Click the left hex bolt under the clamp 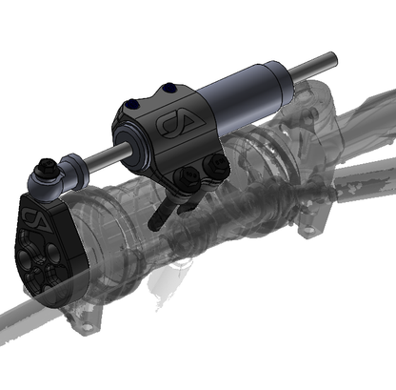pyautogui.click(x=188, y=176)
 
